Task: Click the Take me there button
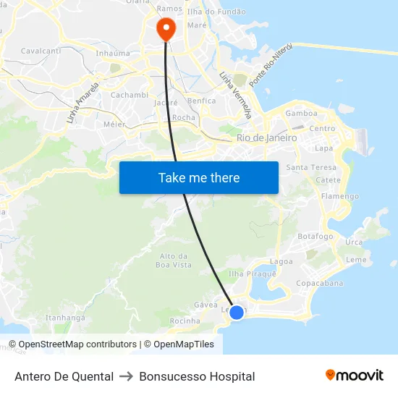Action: click(x=198, y=177)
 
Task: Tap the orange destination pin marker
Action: click(x=166, y=28)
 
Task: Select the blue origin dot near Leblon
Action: click(x=237, y=312)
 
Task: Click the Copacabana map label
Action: click(x=319, y=283)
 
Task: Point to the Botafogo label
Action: click(x=316, y=237)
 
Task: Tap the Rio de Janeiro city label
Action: click(x=266, y=137)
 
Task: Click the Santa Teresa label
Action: click(x=311, y=167)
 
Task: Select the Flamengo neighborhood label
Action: click(x=339, y=196)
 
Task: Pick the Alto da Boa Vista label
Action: click(x=174, y=260)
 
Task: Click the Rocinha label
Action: click(x=185, y=321)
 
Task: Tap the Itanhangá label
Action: click(x=66, y=318)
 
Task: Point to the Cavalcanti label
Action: click(x=41, y=51)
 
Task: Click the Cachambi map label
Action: click(x=130, y=95)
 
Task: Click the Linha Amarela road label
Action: click(x=82, y=103)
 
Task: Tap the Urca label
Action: click(x=354, y=242)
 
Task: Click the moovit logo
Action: click(x=355, y=376)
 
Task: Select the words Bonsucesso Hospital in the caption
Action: click(x=197, y=376)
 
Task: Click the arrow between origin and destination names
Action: click(x=127, y=376)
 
